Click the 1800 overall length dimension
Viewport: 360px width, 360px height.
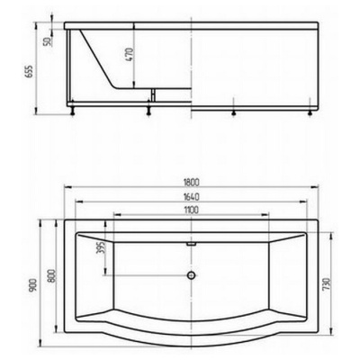pyautogui.click(x=191, y=182)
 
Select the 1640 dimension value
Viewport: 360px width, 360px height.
pyautogui.click(x=191, y=197)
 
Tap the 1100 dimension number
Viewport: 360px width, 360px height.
pyautogui.click(x=191, y=210)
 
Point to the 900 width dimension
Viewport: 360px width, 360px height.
pyautogui.click(x=33, y=285)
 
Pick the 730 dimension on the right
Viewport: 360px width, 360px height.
pyautogui.click(x=327, y=284)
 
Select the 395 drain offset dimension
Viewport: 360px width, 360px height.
pyautogui.click(x=101, y=247)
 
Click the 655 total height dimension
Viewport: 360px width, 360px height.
pyautogui.click(x=29, y=72)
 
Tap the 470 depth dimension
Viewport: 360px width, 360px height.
pyautogui.click(x=129, y=54)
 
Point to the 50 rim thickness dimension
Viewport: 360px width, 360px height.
pyautogui.click(x=47, y=41)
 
